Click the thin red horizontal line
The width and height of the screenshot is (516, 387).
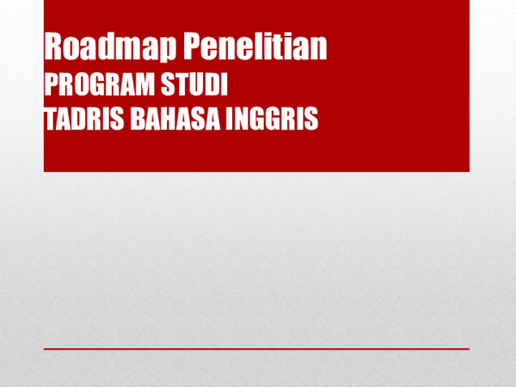tap(256, 349)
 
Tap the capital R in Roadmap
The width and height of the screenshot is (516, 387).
tap(53, 46)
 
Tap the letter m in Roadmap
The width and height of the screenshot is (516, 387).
tap(130, 48)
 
